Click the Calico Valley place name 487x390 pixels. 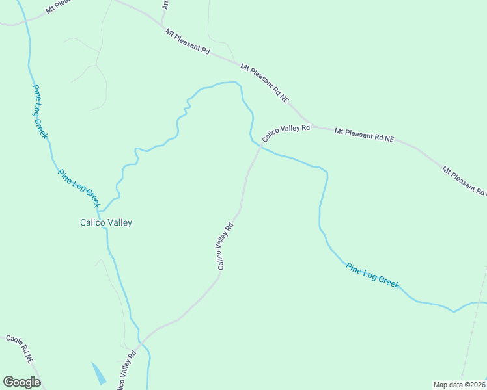105,222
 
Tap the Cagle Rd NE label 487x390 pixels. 20,349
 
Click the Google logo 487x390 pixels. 21,382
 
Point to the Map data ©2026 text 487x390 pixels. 459,385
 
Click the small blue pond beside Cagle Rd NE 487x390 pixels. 98,372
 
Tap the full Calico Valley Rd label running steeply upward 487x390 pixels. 225,247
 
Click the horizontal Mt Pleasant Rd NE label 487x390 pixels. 365,135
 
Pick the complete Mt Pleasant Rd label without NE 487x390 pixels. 187,41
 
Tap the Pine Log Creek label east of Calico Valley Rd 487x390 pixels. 372,275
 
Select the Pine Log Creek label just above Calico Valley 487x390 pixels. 78,189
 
